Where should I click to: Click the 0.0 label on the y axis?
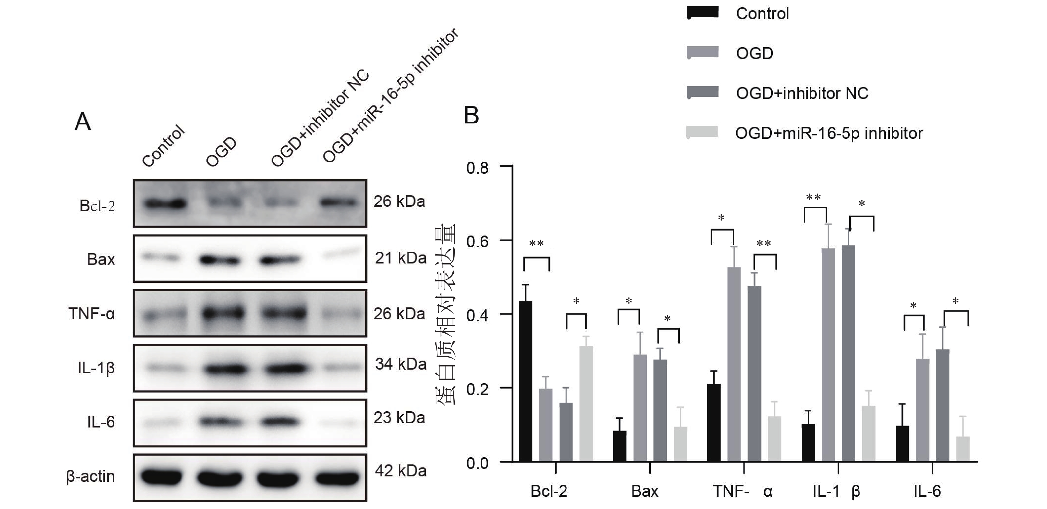(x=477, y=463)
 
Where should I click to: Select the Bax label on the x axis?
(x=644, y=491)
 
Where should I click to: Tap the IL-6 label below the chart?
(x=927, y=491)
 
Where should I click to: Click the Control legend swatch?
(x=702, y=13)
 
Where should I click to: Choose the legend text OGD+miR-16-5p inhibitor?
(x=829, y=133)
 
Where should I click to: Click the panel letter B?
(x=471, y=115)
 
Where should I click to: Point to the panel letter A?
(x=83, y=121)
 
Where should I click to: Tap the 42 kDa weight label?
(x=400, y=471)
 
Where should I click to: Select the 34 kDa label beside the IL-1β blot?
(x=400, y=364)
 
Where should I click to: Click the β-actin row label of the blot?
(x=90, y=476)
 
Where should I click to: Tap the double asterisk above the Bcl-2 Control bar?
(x=536, y=244)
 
